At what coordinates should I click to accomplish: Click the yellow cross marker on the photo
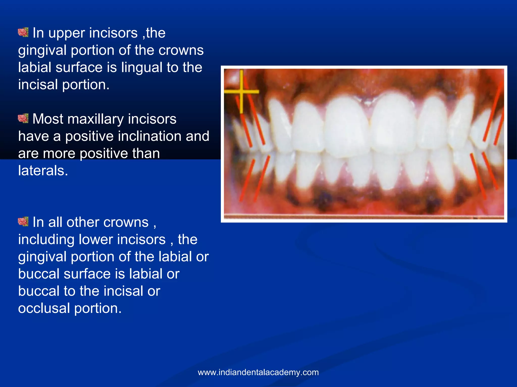pyautogui.click(x=241, y=92)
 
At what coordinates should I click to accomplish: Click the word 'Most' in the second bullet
pyautogui.click(x=48, y=119)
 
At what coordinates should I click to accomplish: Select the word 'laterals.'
pyautogui.click(x=43, y=171)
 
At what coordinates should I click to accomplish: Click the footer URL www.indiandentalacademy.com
pyautogui.click(x=258, y=372)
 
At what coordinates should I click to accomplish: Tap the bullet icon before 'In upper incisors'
pyautogui.click(x=23, y=33)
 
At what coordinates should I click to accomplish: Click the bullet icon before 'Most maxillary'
pyautogui.click(x=23, y=118)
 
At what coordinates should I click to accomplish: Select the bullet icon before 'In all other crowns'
pyautogui.click(x=23, y=222)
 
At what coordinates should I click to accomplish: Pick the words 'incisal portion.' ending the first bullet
pyautogui.click(x=64, y=85)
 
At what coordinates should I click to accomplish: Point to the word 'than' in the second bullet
pyautogui.click(x=146, y=153)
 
